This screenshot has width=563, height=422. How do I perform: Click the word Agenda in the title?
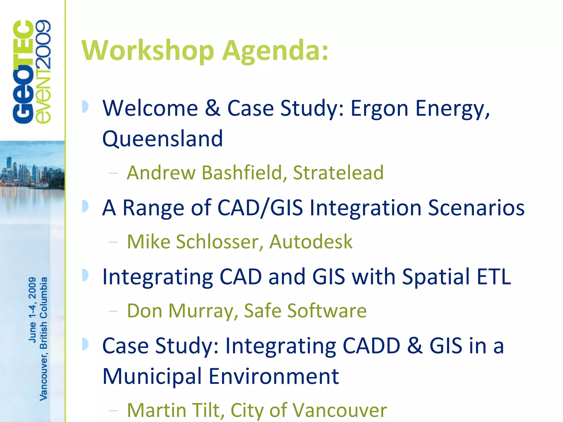click(275, 51)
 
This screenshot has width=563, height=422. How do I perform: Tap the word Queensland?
click(162, 139)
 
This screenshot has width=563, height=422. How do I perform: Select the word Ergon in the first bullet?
click(379, 109)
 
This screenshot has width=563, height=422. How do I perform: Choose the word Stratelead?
click(338, 173)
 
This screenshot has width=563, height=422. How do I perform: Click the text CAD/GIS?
click(260, 208)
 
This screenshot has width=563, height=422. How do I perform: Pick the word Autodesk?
click(311, 242)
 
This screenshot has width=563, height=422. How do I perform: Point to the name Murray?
click(203, 311)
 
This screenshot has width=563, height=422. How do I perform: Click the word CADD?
click(371, 346)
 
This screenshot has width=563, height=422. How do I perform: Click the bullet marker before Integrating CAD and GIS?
click(85, 275)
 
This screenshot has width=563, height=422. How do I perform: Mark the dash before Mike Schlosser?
click(113, 242)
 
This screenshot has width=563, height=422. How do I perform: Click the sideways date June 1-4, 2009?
click(32, 310)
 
